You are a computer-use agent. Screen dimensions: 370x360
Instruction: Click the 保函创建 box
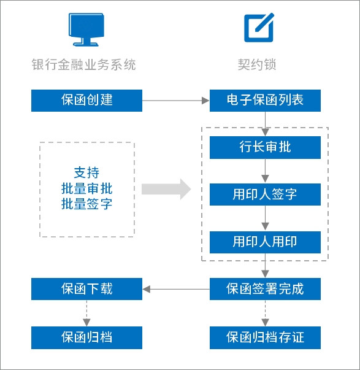click(86, 100)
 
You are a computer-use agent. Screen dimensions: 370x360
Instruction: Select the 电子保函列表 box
click(265, 100)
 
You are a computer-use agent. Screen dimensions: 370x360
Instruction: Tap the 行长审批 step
click(265, 147)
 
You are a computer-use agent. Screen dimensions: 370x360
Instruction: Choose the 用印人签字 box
click(265, 195)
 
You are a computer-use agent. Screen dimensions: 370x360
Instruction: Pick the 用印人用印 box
click(265, 242)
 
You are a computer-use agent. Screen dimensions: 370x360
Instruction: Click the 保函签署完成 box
click(265, 288)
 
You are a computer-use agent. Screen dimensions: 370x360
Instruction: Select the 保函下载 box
click(86, 288)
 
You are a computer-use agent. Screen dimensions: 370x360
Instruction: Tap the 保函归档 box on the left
click(86, 337)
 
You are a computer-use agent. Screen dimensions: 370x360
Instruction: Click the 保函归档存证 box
click(265, 337)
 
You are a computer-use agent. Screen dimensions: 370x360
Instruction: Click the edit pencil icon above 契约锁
click(258, 28)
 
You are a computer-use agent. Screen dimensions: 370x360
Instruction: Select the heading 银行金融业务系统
click(83, 64)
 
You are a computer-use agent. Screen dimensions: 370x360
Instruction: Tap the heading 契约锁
click(258, 64)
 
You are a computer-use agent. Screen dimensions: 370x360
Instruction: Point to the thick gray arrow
click(166, 189)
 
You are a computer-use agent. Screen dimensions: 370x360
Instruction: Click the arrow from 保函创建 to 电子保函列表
click(175, 100)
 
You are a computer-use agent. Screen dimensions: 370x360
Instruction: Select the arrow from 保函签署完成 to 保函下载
click(176, 288)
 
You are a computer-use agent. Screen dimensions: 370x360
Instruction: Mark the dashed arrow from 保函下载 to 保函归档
click(86, 313)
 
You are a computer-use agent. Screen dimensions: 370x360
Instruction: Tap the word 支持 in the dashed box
click(86, 172)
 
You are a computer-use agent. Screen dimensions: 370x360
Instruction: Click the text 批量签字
click(86, 204)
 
